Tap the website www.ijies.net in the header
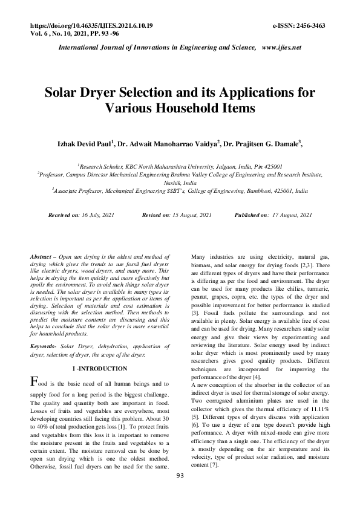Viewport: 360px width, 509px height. point(281,47)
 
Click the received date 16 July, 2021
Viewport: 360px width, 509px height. point(97,215)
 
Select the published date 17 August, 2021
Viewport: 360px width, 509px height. point(291,215)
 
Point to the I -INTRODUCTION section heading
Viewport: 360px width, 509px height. point(100,369)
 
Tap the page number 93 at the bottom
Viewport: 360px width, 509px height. point(180,493)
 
